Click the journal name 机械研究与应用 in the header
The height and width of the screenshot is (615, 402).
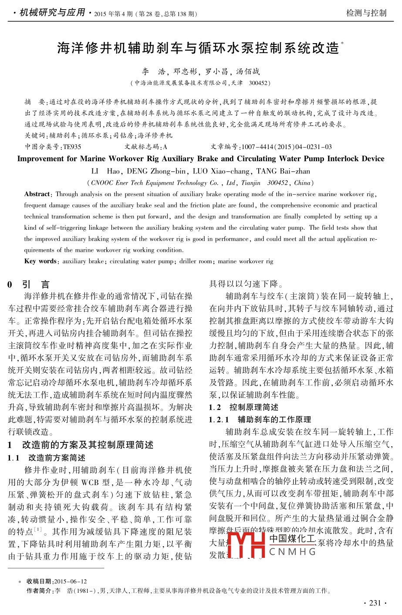click(x=52, y=13)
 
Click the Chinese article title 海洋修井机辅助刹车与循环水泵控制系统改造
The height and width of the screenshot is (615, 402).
click(x=198, y=48)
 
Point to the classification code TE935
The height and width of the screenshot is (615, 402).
click(x=72, y=147)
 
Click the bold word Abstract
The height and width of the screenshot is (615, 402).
click(x=37, y=194)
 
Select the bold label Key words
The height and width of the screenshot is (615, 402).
click(x=41, y=262)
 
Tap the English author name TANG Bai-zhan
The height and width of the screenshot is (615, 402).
click(x=283, y=171)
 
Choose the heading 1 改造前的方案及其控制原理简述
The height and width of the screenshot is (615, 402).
click(x=81, y=445)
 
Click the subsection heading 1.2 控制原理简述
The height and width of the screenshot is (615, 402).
click(x=244, y=407)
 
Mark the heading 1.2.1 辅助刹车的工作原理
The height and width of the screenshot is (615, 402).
click(x=260, y=419)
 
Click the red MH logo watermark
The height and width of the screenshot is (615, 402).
click(x=246, y=545)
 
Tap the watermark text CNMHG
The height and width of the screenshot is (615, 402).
click(x=293, y=552)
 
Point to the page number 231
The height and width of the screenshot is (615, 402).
click(x=375, y=603)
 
